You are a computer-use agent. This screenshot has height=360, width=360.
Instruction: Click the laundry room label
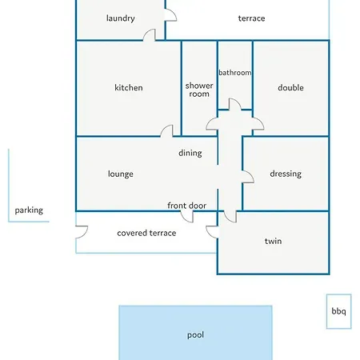pos(121,18)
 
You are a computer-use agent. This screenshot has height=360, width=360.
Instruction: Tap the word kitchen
pos(129,87)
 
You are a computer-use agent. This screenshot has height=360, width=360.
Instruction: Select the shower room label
pos(199,90)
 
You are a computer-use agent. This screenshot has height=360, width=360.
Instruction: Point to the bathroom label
pos(235,73)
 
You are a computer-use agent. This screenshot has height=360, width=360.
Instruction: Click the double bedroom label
pos(290,87)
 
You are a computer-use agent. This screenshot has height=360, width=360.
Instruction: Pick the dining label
pos(190,153)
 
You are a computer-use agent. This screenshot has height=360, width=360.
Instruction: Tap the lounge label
pos(121,174)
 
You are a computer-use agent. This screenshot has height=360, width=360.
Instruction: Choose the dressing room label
pos(286,174)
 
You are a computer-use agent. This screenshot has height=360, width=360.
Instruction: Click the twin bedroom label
pos(273,241)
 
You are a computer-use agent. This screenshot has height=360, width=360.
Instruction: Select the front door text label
pos(186,206)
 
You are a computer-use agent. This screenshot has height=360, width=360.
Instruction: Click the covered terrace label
pos(146,233)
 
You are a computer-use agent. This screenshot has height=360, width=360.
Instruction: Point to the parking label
pos(29,210)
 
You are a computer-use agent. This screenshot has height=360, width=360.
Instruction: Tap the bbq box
pos(338,311)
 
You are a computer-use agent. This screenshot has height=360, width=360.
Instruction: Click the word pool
pos(195,335)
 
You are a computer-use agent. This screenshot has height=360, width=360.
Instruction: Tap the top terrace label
pos(251,18)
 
